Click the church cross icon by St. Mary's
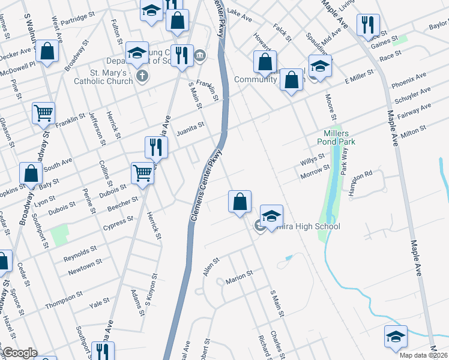(x=142, y=76)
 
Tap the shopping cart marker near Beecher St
(x=143, y=173)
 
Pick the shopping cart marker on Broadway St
(x=43, y=112)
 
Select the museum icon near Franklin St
(x=200, y=56)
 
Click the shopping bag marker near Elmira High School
(x=240, y=201)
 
